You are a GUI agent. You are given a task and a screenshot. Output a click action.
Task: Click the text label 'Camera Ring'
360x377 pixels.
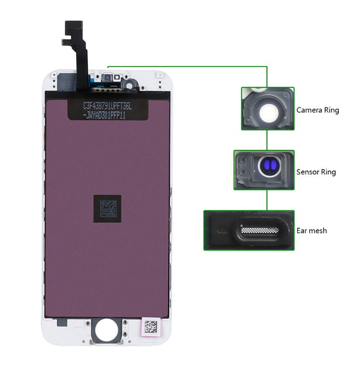317,110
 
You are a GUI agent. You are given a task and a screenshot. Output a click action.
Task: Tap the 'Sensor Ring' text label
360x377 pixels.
316,172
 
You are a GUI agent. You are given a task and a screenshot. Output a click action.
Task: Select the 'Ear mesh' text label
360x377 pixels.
311,231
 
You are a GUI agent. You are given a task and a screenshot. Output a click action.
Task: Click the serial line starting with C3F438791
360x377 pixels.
107,107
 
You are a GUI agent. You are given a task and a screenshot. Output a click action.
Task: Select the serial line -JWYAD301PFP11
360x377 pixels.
106,116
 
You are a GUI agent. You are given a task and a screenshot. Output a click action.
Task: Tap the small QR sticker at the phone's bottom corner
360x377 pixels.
150,326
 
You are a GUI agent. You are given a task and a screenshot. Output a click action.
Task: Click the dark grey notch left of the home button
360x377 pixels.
61,322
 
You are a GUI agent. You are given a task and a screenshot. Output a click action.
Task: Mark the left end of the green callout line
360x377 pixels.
108,66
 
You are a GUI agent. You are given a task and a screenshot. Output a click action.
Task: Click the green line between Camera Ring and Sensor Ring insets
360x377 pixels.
267,139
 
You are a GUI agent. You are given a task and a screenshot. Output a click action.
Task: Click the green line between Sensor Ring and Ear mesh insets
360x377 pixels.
267,200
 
